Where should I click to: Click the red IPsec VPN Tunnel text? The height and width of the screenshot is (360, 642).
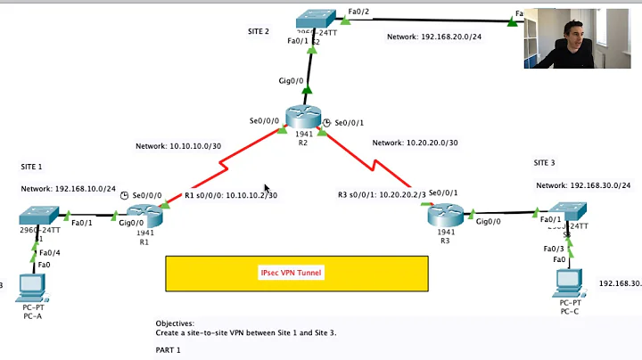[x=292, y=273]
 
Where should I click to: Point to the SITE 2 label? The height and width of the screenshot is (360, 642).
[x=258, y=31]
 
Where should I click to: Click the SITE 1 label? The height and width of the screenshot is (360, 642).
[x=31, y=167]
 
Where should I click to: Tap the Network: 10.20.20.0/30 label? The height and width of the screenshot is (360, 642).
[x=415, y=143]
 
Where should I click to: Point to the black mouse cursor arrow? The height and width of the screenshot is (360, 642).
[x=267, y=188]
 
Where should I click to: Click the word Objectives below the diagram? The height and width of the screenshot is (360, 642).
[x=175, y=323]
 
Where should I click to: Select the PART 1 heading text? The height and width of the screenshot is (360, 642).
[x=168, y=350]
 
